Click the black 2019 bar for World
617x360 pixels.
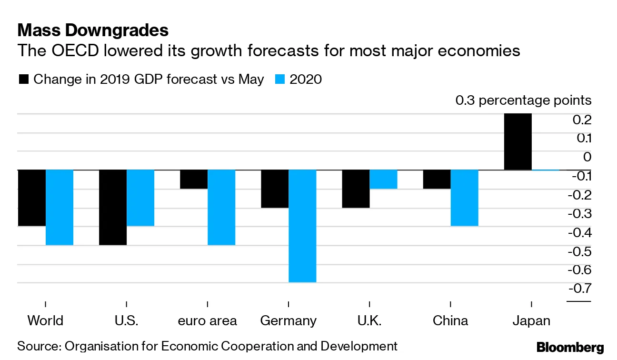pyautogui.click(x=31, y=198)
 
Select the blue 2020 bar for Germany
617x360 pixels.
pyautogui.click(x=302, y=226)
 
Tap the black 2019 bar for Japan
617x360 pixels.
pyautogui.click(x=517, y=141)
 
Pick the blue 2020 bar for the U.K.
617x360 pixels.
pyautogui.click(x=383, y=179)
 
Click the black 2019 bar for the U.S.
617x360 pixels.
pyautogui.click(x=112, y=207)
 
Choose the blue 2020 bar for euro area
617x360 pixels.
pyautogui.click(x=221, y=207)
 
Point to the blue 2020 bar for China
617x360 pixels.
pyautogui.click(x=464, y=198)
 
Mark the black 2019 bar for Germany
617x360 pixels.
pyautogui.click(x=275, y=189)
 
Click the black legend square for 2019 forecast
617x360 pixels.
pyautogui.click(x=23, y=79)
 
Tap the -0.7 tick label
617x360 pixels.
pyautogui.click(x=579, y=288)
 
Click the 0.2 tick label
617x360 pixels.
pyautogui.click(x=582, y=119)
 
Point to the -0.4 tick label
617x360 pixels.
pyautogui.click(x=579, y=232)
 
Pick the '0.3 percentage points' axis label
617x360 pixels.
pyautogui.click(x=523, y=100)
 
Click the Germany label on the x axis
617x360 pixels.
pyautogui.click(x=288, y=320)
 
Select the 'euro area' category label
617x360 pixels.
pyautogui.click(x=207, y=320)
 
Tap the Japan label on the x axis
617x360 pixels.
pyautogui.click(x=531, y=320)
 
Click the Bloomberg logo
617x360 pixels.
pyautogui.click(x=570, y=347)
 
